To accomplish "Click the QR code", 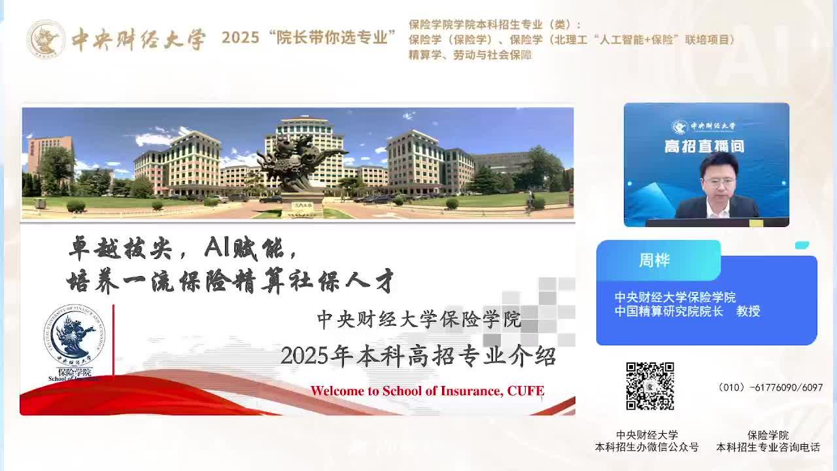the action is coord(650,386).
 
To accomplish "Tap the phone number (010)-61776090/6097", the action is coord(770,387).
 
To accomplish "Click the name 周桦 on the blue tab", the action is coord(655,260).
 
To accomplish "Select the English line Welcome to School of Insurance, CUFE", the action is coord(427,391).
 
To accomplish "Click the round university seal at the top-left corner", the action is coord(46,39).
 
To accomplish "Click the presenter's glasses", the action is coord(719,182).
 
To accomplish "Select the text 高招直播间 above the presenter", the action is coord(704,146).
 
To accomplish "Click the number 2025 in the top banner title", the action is coord(240,38).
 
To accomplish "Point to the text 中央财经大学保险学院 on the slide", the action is coord(419,319).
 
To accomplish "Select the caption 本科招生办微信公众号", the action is coord(647,447).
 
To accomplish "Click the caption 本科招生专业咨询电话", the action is coord(768,447).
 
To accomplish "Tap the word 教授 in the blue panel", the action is coord(748,311).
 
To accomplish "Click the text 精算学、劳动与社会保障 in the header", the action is coord(470,55).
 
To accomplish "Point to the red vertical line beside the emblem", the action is coord(113,340).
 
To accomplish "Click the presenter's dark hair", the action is coord(719,164).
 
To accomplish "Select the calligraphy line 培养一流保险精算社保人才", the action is coord(230,281).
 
